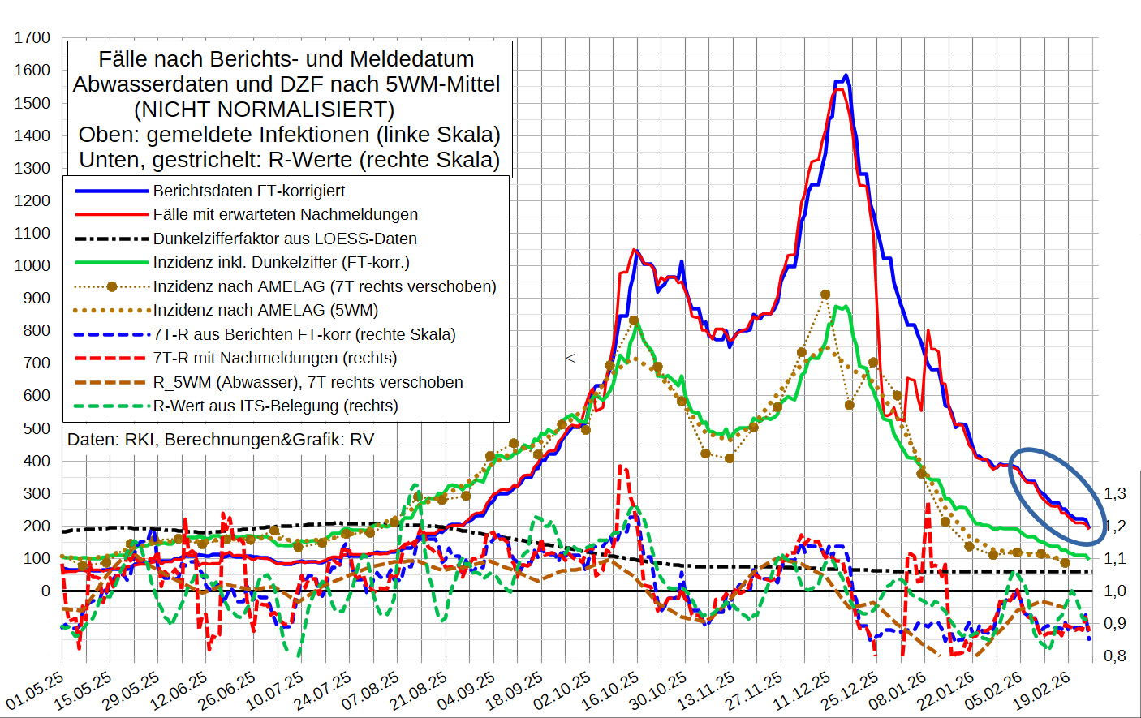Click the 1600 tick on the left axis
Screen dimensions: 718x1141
point(32,71)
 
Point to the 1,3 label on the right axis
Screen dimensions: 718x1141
point(1115,493)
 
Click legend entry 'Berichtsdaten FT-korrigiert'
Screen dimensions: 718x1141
point(248,191)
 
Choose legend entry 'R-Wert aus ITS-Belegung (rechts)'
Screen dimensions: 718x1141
point(275,406)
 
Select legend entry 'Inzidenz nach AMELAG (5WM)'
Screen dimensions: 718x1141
point(265,310)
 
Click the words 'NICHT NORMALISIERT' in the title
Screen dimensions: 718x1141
point(264,110)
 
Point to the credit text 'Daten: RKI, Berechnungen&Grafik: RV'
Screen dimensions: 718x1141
point(221,440)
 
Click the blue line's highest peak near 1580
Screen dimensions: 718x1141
point(846,75)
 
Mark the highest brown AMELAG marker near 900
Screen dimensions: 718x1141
point(825,295)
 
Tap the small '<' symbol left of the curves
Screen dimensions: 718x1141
point(570,358)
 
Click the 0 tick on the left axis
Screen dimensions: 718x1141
point(45,591)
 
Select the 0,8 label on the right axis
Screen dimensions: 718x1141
point(1115,656)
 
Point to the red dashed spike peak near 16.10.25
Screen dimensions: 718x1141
point(620,466)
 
